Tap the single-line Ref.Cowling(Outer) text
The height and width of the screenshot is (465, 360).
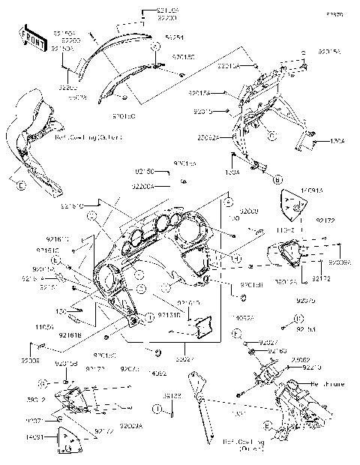pos(86,137)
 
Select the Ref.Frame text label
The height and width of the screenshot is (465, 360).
pos(327,384)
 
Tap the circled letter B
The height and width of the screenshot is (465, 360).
pos(277,179)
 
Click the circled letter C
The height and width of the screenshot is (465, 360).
pos(273,135)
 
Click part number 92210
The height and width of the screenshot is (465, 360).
pos(313,367)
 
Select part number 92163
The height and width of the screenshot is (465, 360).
pos(278,350)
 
